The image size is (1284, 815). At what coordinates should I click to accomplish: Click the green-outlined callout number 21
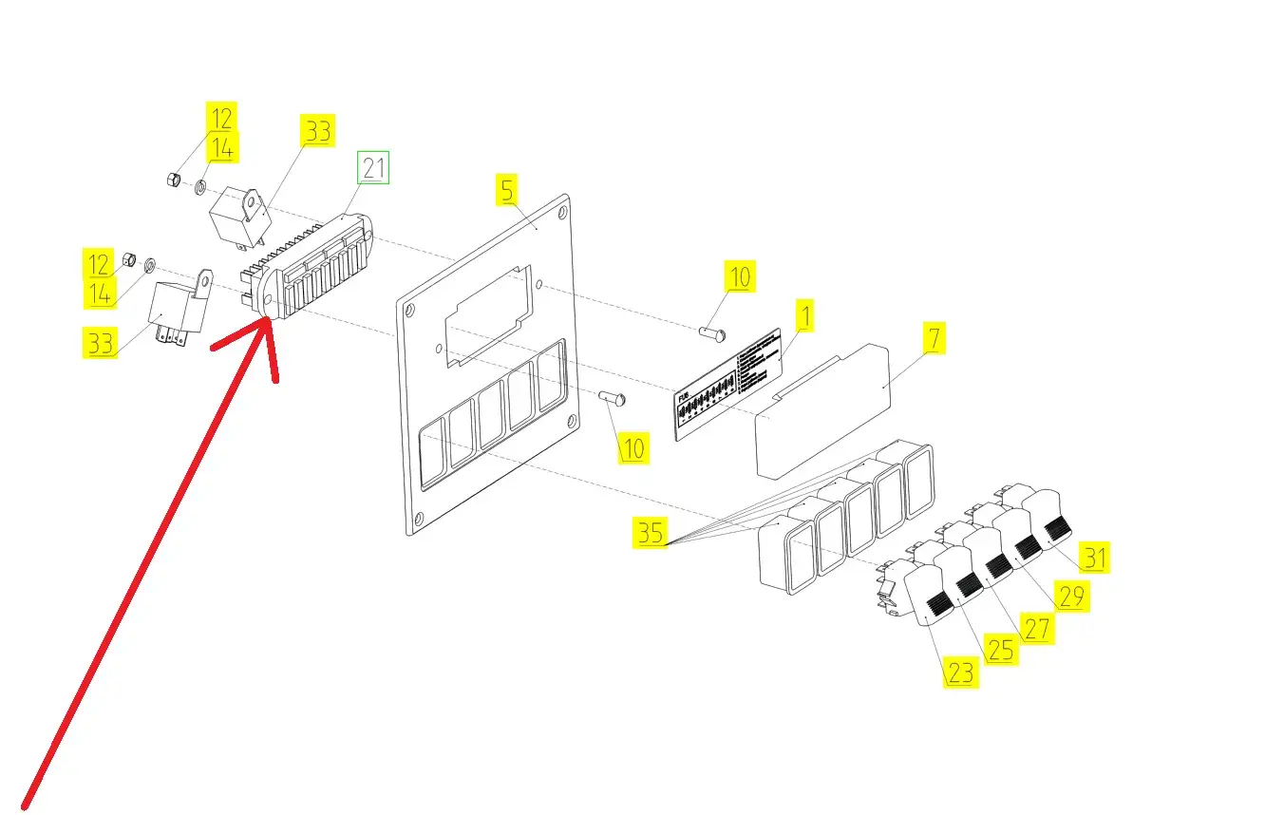coord(372,168)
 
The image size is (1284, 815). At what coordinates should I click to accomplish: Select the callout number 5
coord(507,190)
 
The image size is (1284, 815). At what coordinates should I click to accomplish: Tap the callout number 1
coord(803,315)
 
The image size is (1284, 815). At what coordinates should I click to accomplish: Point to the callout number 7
coord(934,338)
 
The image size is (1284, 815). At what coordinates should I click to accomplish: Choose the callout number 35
coord(651,534)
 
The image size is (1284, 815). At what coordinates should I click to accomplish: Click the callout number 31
coord(1095,558)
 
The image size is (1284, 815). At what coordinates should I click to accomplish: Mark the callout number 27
coord(1036,627)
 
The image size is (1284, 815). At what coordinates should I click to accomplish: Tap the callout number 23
coord(960,673)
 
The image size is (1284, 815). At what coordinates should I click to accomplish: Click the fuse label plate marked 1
coord(729,385)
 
